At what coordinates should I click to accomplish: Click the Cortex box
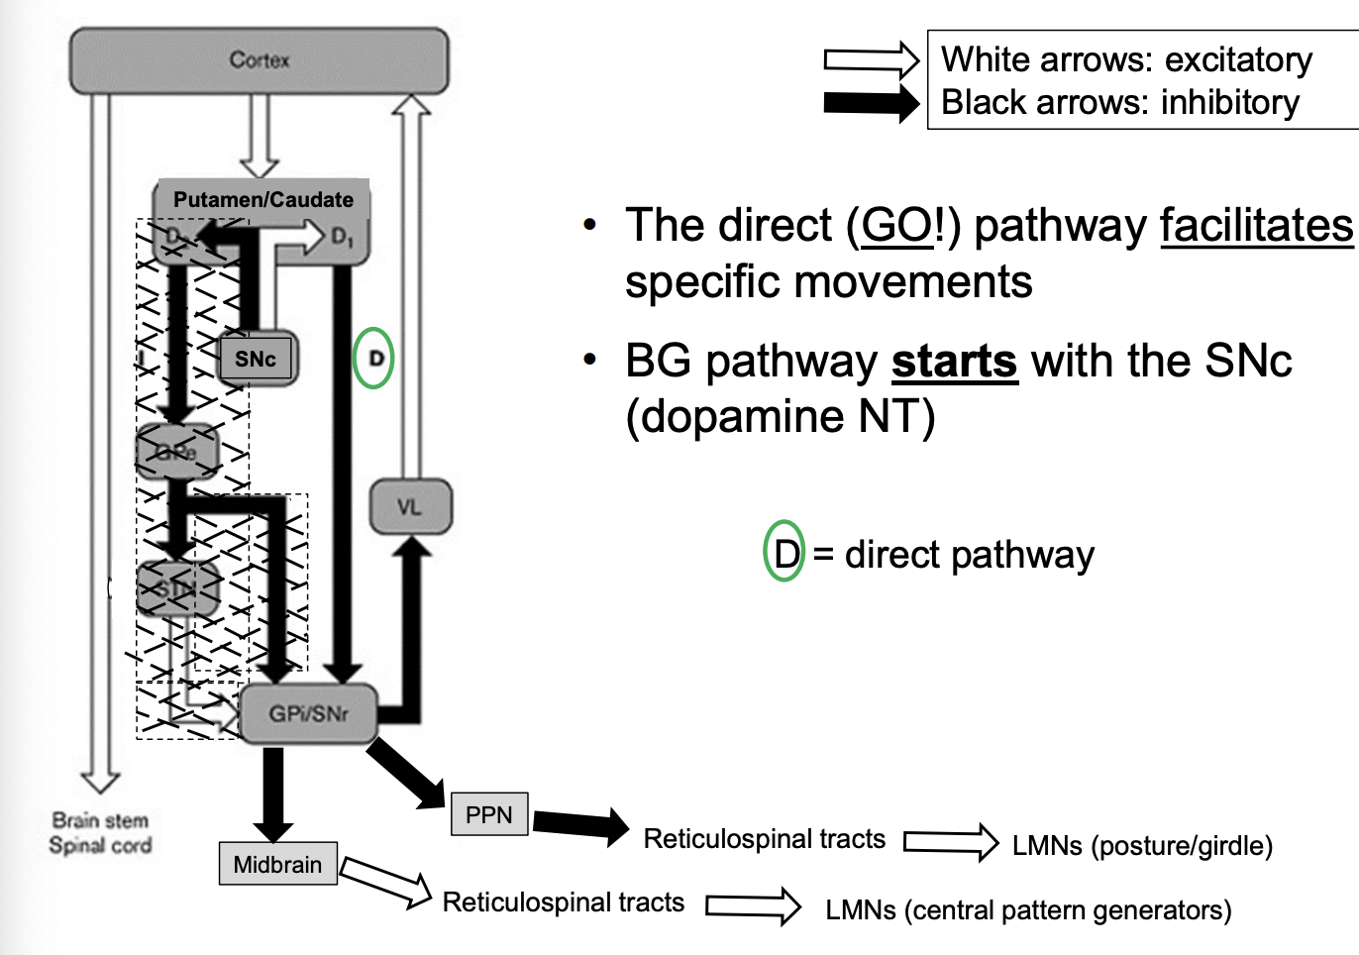pos(259,60)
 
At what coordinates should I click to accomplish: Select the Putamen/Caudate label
pos(262,199)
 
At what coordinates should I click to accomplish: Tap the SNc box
pos(256,359)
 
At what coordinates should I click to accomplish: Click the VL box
pos(410,507)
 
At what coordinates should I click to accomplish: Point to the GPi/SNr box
pos(308,713)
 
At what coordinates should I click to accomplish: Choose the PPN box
pos(488,814)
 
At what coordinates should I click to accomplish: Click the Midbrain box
pos(277,864)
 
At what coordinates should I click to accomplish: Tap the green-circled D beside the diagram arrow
pos(374,358)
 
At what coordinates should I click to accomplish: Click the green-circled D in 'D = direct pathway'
pos(784,553)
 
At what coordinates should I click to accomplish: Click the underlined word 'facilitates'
pos(1256,226)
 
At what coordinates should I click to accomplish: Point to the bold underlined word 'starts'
pos(954,362)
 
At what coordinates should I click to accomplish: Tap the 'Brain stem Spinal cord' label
pos(100,833)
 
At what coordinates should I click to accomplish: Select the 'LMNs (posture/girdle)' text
pos(1142,846)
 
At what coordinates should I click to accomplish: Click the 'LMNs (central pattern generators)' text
pos(1028,910)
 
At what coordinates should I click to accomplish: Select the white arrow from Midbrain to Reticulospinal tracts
pos(386,882)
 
